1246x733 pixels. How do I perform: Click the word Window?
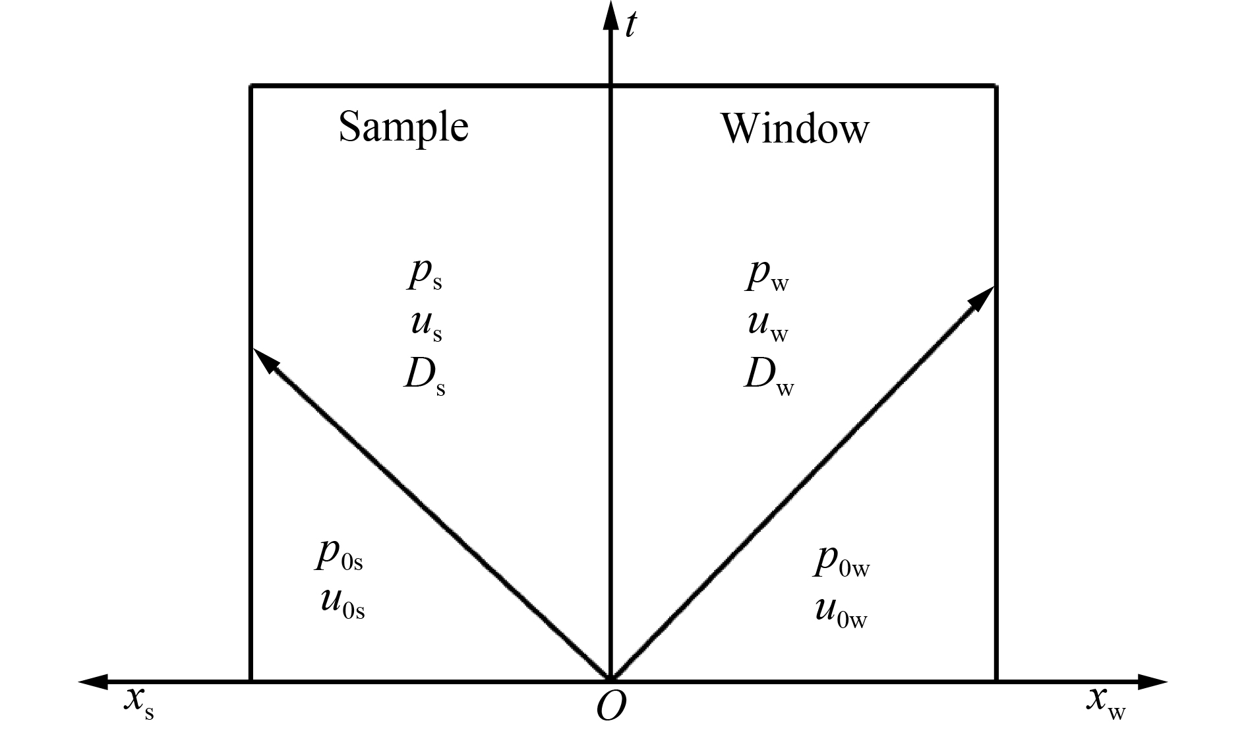(x=795, y=128)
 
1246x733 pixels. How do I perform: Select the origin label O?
(x=611, y=707)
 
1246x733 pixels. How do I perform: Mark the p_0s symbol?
(x=339, y=556)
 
